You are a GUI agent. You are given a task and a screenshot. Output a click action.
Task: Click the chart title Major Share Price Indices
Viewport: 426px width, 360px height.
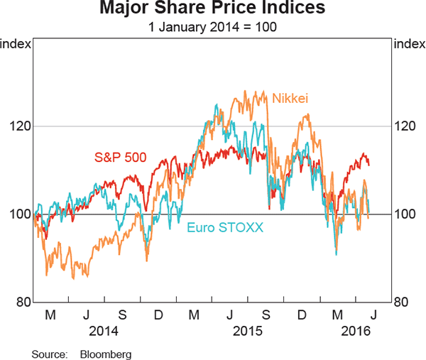click(x=212, y=9)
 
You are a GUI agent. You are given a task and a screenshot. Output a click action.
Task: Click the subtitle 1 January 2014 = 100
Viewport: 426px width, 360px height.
click(x=212, y=28)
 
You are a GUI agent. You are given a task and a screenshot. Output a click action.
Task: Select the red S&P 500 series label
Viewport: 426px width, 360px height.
click(x=121, y=156)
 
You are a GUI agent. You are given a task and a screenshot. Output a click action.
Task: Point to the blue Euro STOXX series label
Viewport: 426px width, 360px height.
click(x=225, y=227)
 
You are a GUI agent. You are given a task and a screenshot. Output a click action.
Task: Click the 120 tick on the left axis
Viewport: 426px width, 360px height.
click(x=18, y=126)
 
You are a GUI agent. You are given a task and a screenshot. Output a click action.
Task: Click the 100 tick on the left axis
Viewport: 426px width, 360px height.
click(x=18, y=214)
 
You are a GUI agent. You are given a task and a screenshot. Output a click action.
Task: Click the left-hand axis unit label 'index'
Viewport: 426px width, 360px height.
click(x=16, y=45)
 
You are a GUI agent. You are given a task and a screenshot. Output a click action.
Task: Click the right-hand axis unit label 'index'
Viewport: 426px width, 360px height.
click(x=409, y=45)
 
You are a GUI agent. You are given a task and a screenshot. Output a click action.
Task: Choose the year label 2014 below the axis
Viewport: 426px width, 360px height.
click(x=104, y=330)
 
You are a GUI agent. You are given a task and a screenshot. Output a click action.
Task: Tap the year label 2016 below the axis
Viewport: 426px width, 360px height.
click(x=355, y=330)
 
